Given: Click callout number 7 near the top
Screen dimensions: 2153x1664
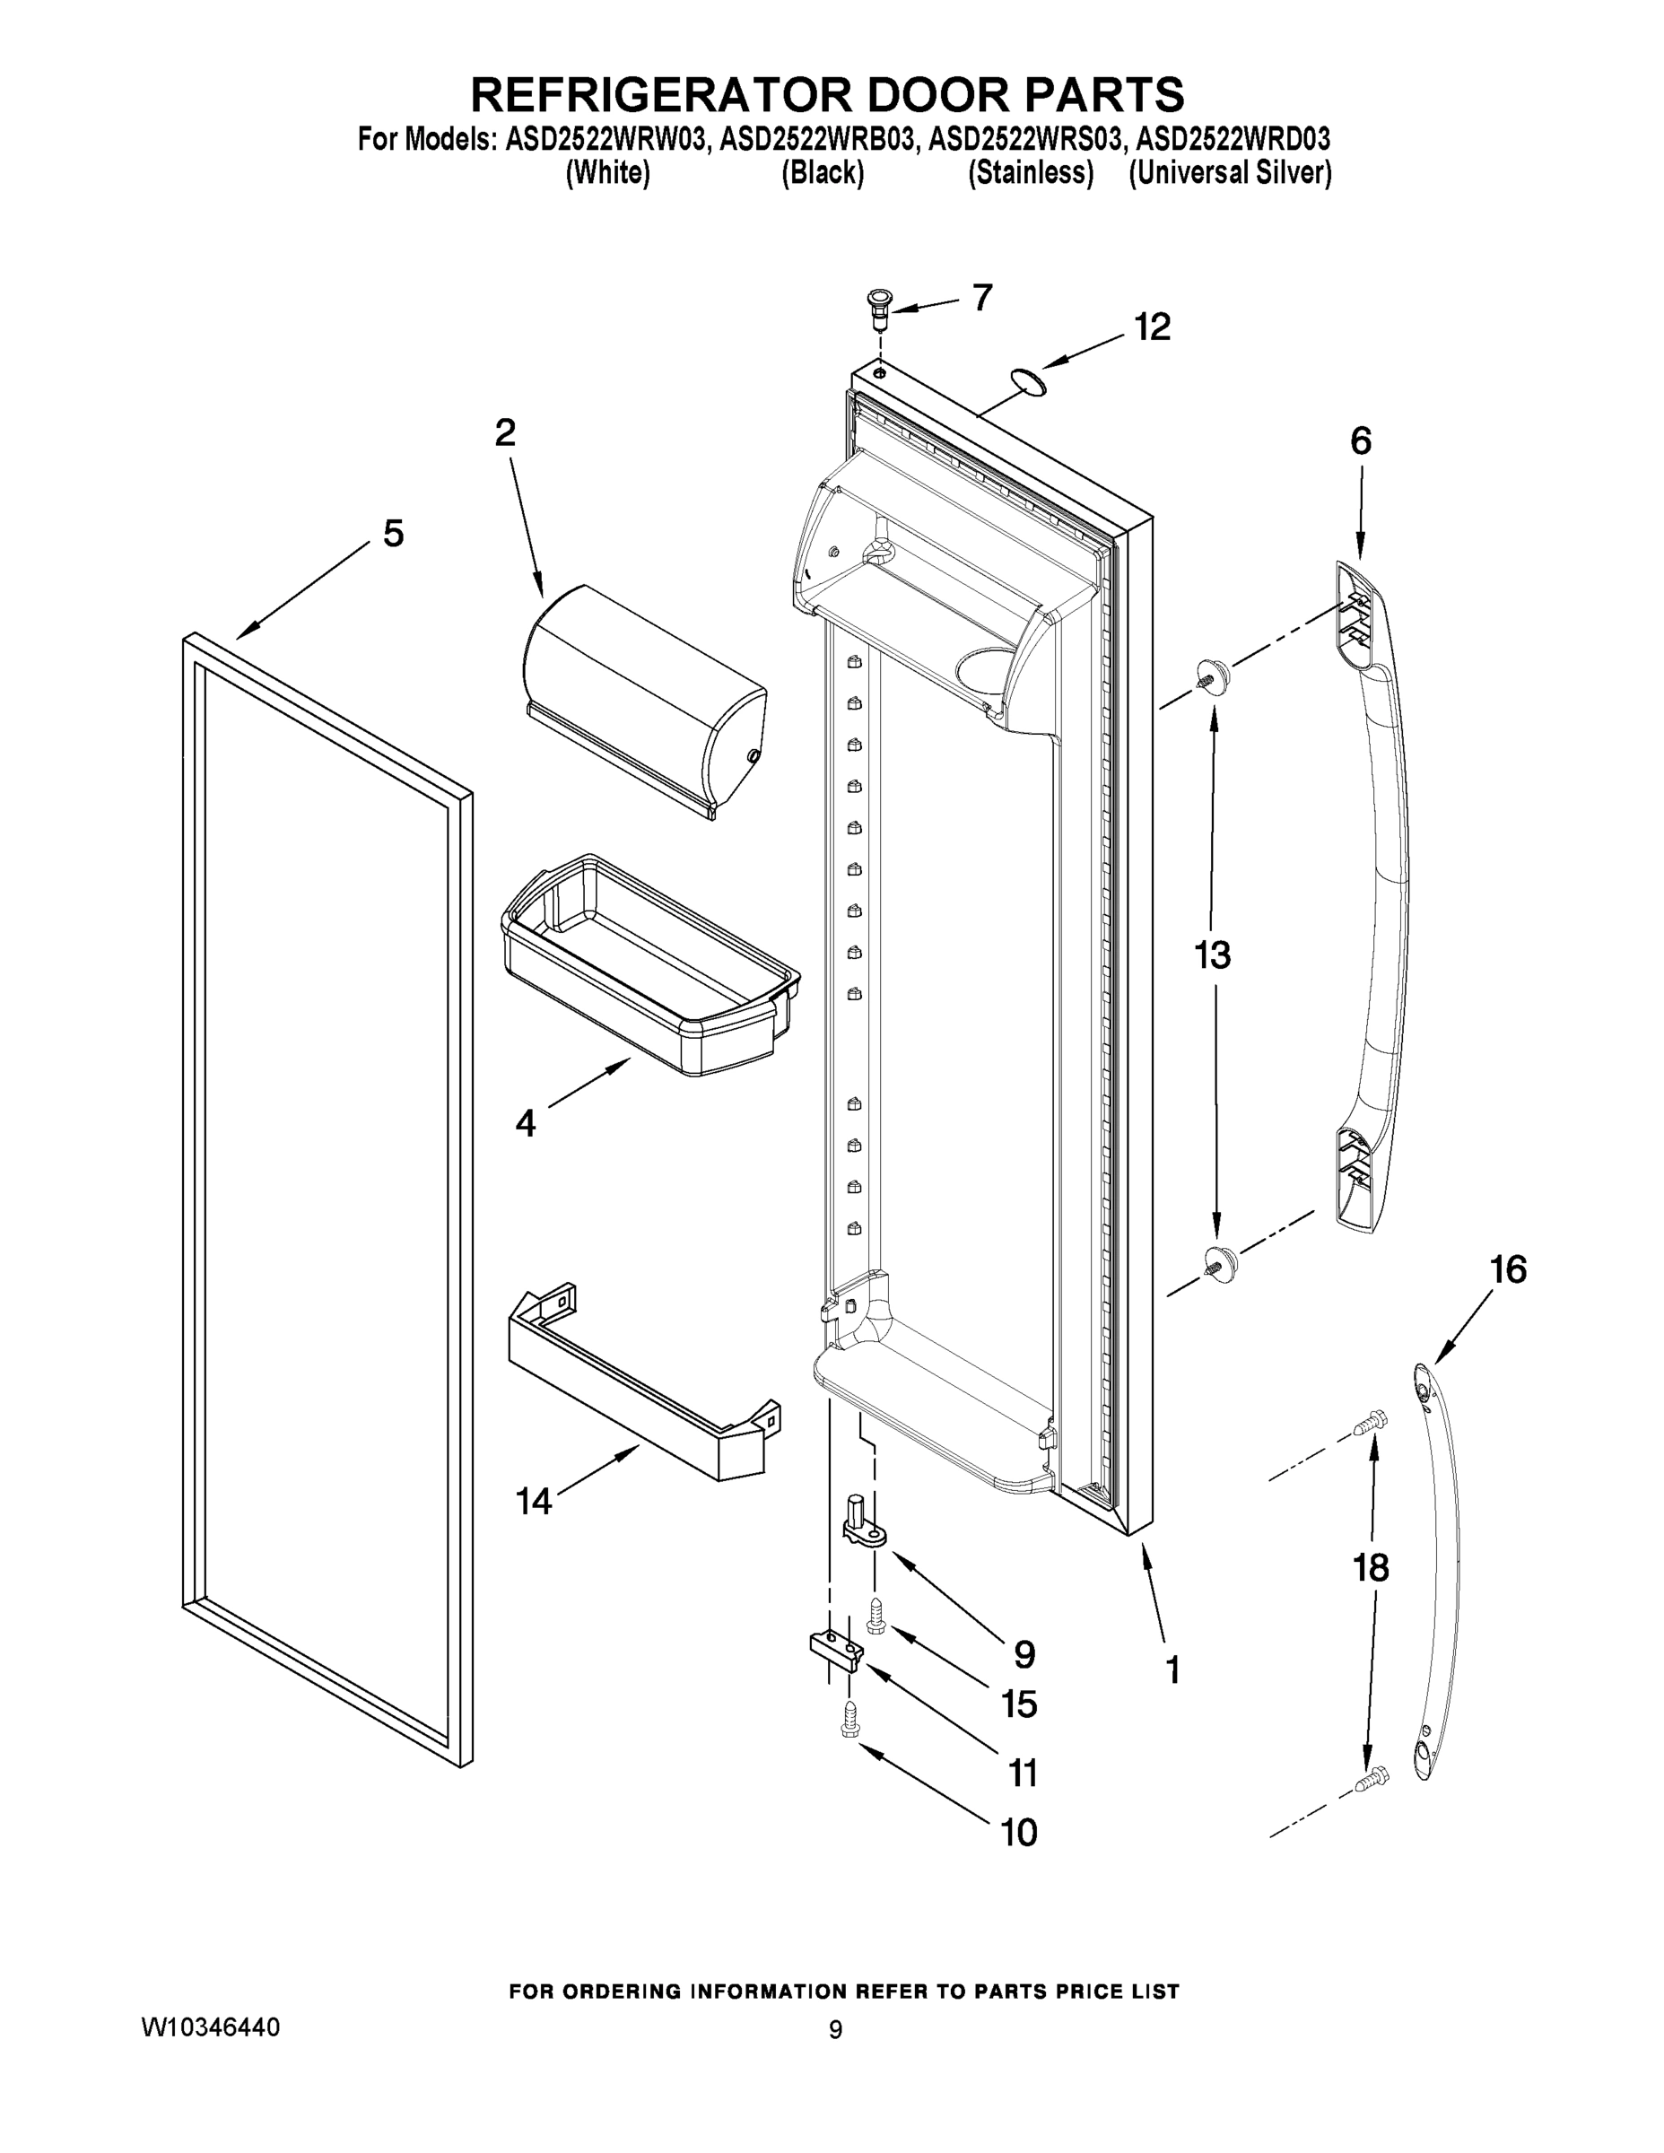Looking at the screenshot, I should click(982, 297).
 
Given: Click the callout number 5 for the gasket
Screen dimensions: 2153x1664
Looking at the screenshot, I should click(392, 534).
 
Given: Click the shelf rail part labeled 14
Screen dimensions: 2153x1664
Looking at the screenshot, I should click(640, 1387).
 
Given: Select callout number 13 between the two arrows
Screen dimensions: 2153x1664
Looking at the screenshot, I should click(1212, 954).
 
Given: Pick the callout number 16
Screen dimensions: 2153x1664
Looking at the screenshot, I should click(1507, 1269).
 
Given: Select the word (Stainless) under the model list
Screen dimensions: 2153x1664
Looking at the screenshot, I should click(1030, 172).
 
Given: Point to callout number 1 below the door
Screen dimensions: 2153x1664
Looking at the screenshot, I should click(1172, 1670).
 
